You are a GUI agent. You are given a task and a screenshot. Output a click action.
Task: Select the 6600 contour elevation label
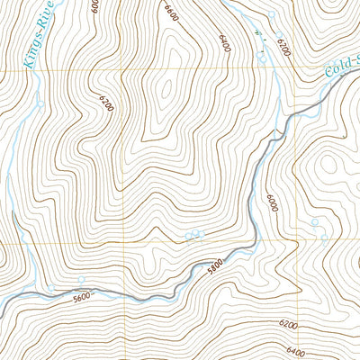click(x=170, y=12)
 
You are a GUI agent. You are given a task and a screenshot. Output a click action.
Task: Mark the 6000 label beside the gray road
click(x=271, y=202)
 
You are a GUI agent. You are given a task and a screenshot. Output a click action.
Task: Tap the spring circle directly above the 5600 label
click(x=82, y=280)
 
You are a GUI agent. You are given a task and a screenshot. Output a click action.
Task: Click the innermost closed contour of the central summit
click(x=164, y=90)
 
